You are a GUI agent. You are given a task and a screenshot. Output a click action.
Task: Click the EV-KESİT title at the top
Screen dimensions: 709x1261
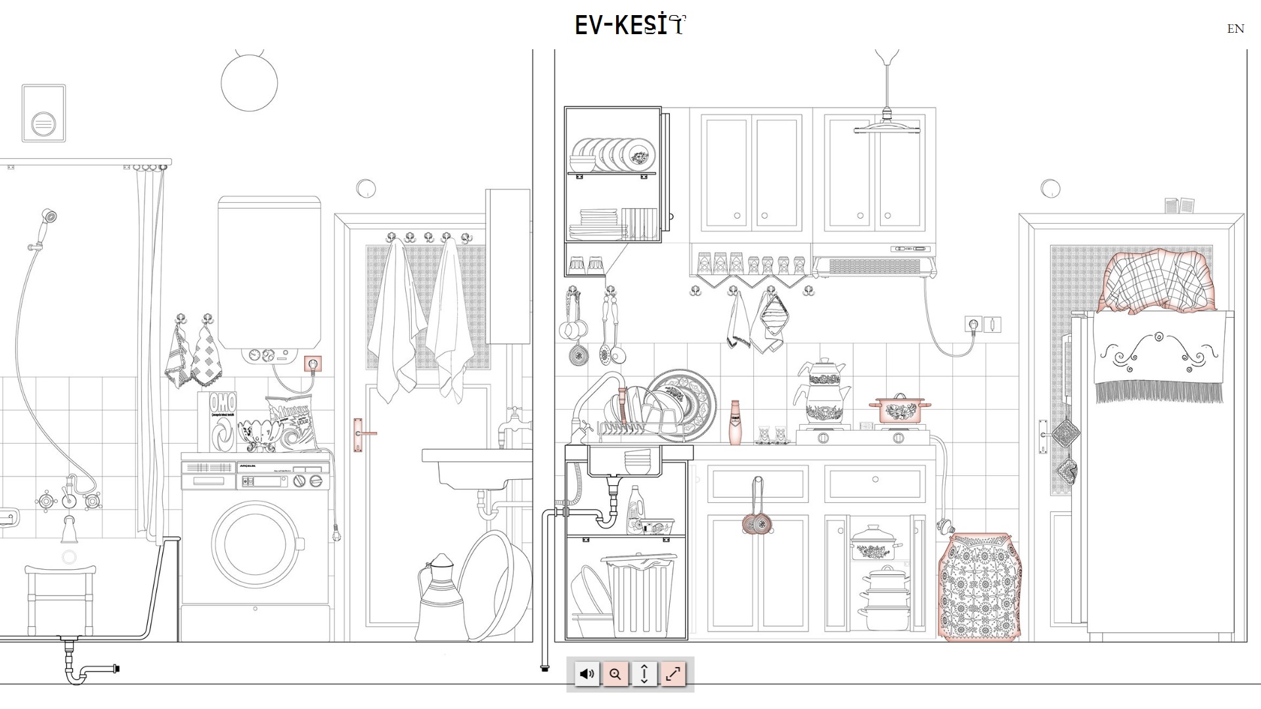[x=630, y=25]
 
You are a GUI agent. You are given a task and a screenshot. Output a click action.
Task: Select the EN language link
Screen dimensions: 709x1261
[x=1235, y=29]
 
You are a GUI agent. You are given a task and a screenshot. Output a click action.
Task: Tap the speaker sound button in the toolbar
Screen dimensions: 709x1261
[x=586, y=674]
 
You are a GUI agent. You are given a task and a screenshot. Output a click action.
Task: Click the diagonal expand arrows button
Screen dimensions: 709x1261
[x=673, y=674]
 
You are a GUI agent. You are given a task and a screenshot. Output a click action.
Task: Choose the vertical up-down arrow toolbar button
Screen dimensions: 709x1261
[x=644, y=674]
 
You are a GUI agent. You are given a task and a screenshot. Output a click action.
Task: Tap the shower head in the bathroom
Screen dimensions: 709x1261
[x=49, y=215]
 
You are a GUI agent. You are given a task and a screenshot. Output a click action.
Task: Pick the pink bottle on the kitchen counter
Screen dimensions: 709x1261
[x=735, y=423]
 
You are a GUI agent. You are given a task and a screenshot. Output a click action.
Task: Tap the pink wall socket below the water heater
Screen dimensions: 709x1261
[x=313, y=363]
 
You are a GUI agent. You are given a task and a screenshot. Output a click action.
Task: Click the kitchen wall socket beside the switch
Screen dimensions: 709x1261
[x=973, y=324]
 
